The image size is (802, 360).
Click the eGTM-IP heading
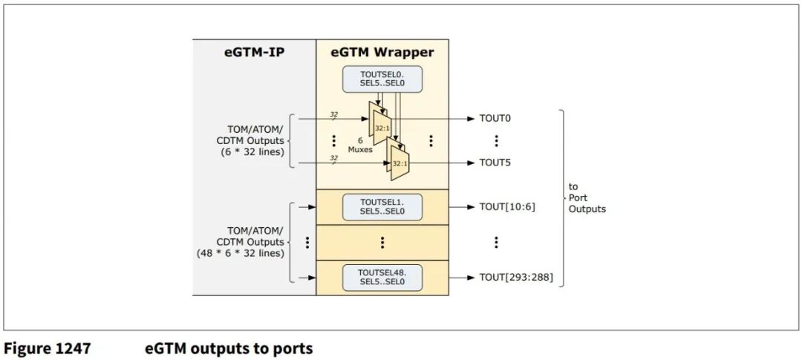254,53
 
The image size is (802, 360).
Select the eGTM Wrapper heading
382,53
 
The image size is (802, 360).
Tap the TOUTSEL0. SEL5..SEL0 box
382,79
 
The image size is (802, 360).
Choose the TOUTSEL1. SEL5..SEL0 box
382,207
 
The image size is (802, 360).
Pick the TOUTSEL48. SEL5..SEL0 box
382,278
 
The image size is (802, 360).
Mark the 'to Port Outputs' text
587,197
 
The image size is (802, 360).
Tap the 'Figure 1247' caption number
48,347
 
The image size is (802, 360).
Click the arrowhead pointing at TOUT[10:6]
469,207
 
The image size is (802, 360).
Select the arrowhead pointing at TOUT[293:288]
469,278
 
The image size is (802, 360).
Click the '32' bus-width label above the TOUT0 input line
333,114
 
